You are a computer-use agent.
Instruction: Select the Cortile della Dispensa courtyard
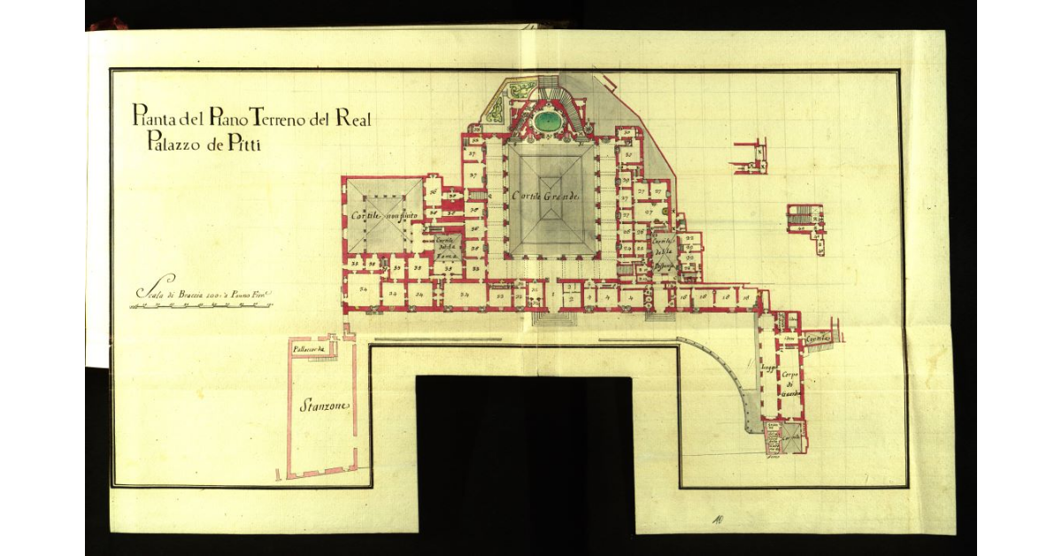click(663, 251)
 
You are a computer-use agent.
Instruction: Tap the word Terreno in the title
click(269, 115)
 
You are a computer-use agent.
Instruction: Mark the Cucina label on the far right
click(818, 340)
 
